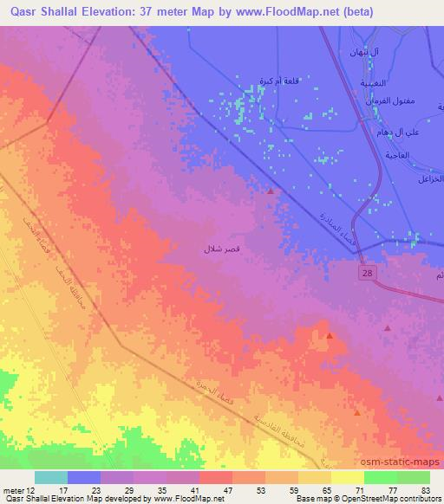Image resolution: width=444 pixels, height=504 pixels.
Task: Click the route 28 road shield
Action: coord(368,273)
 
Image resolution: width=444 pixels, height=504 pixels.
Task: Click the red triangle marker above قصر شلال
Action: coord(271,191)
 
